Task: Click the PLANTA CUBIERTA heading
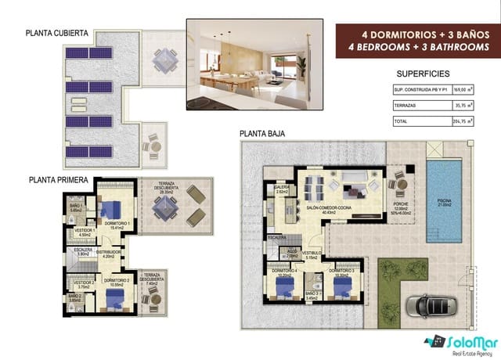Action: pos(56,34)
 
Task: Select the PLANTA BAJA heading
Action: pos(262,134)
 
